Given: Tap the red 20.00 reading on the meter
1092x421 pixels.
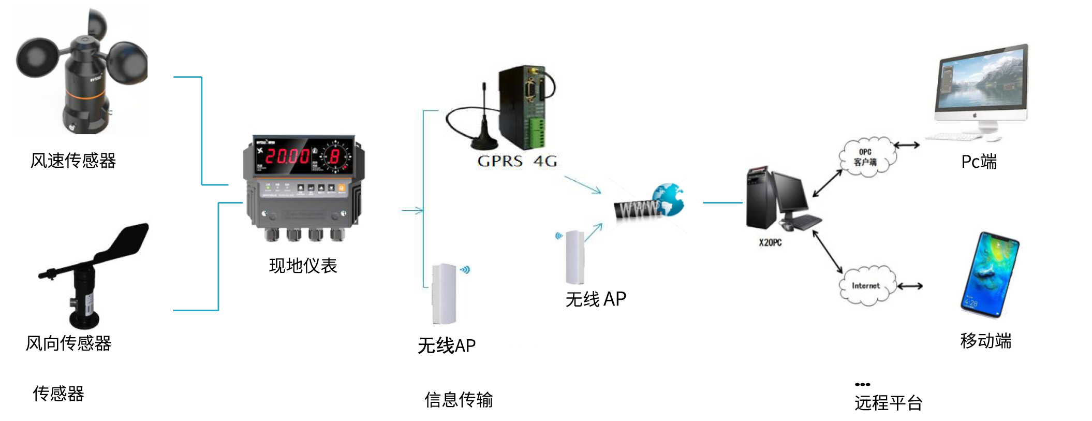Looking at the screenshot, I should (287, 156).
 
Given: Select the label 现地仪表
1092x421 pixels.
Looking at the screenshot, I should (303, 266).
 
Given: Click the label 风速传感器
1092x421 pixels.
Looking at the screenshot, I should (73, 161).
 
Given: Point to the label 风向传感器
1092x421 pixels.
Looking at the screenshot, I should (68, 343).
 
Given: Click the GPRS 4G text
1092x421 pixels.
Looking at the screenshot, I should (517, 161).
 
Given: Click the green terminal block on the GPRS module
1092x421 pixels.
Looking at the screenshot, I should (536, 132).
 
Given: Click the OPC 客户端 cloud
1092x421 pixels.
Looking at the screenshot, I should (866, 157).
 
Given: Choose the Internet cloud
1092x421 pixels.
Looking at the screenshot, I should (866, 285).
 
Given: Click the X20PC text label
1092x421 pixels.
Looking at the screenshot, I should (770, 242).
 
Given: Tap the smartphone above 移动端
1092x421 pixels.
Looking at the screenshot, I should (990, 274).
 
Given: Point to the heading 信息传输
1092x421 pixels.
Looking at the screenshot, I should (459, 399).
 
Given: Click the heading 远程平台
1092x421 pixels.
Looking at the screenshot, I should (888, 402).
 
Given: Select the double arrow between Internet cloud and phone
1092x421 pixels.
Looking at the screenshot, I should (910, 286).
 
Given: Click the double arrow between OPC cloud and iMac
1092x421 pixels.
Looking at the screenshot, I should (907, 146).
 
